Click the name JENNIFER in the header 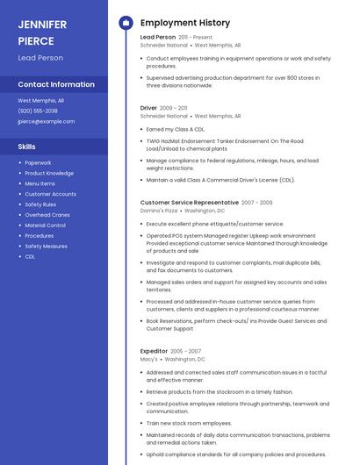pyautogui.click(x=42, y=24)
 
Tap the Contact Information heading pyautogui.click(x=56, y=84)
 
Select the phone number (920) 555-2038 pyautogui.click(x=38, y=111)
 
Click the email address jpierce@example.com pyautogui.click(x=46, y=121)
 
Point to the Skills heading pyautogui.click(x=27, y=147)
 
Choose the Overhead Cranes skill pyautogui.click(x=48, y=215)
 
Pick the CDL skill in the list pyautogui.click(x=30, y=257)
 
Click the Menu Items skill pyautogui.click(x=40, y=183)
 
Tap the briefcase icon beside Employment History pyautogui.click(x=126, y=23)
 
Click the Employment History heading pyautogui.click(x=185, y=23)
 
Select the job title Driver pyautogui.click(x=148, y=108)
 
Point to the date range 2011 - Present pyautogui.click(x=196, y=38)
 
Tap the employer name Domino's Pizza pyautogui.click(x=159, y=211)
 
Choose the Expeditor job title pyautogui.click(x=154, y=351)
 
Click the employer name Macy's pyautogui.click(x=148, y=359)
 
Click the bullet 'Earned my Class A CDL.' pyautogui.click(x=176, y=128)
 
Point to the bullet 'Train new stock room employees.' pyautogui.click(x=189, y=423)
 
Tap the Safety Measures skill pyautogui.click(x=46, y=247)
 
